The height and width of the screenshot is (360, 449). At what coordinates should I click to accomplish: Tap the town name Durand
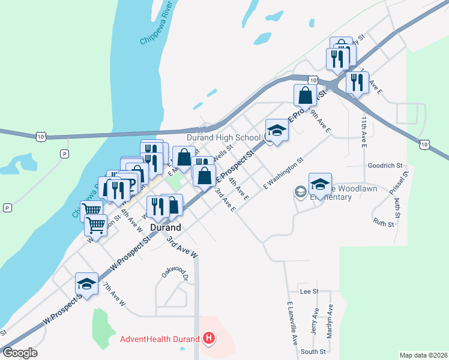165,228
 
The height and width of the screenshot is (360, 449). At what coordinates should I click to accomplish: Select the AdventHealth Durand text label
159,339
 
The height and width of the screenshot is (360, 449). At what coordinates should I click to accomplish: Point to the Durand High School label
223,137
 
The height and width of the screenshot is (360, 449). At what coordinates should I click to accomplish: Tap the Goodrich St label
384,165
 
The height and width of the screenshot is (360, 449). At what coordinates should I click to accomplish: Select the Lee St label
309,291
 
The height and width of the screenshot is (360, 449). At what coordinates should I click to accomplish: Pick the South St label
313,351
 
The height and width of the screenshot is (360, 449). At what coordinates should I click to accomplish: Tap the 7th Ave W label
113,295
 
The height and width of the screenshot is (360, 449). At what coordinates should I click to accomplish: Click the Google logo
20,353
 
